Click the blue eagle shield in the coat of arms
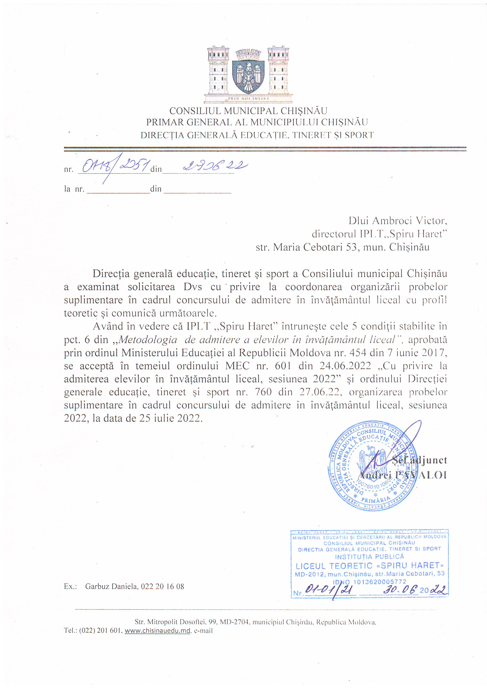pos(248,76)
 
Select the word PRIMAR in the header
pos(164,122)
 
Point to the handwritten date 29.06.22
pos(215,166)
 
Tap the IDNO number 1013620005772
pos(380,582)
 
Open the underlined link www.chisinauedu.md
pos(157,631)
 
